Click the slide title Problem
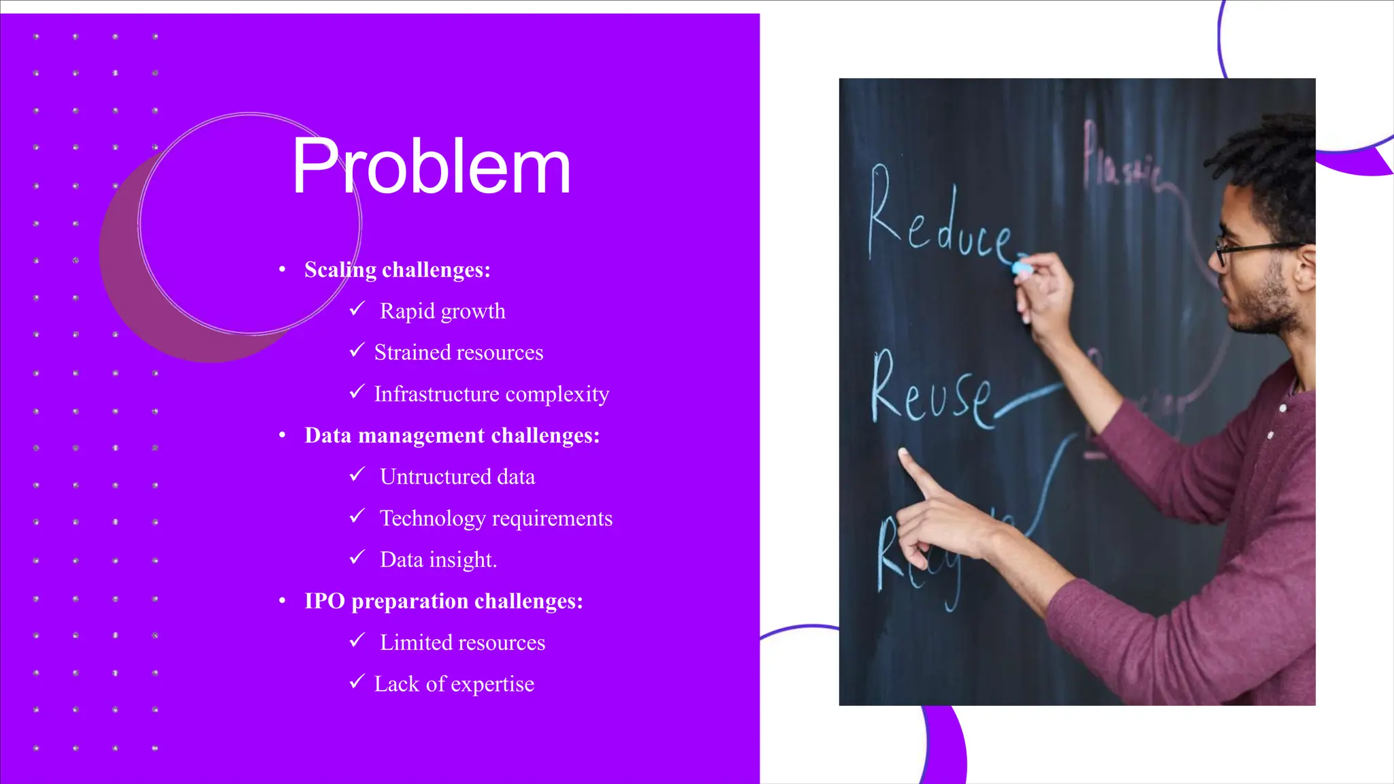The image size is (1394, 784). (431, 167)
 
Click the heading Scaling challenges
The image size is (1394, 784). (397, 270)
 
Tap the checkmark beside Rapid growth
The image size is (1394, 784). (357, 310)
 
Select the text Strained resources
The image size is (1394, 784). (459, 353)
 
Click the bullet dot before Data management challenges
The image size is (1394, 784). (282, 436)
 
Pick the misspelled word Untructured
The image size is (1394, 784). (436, 477)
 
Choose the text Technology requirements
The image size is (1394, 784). (496, 519)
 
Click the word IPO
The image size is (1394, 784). (325, 602)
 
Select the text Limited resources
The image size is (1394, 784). (462, 642)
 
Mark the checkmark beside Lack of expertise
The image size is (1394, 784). (357, 682)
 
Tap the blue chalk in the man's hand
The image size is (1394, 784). (1022, 267)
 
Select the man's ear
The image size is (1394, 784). (1305, 267)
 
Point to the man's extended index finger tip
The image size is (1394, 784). (903, 453)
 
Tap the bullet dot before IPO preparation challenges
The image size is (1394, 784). (282, 602)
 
